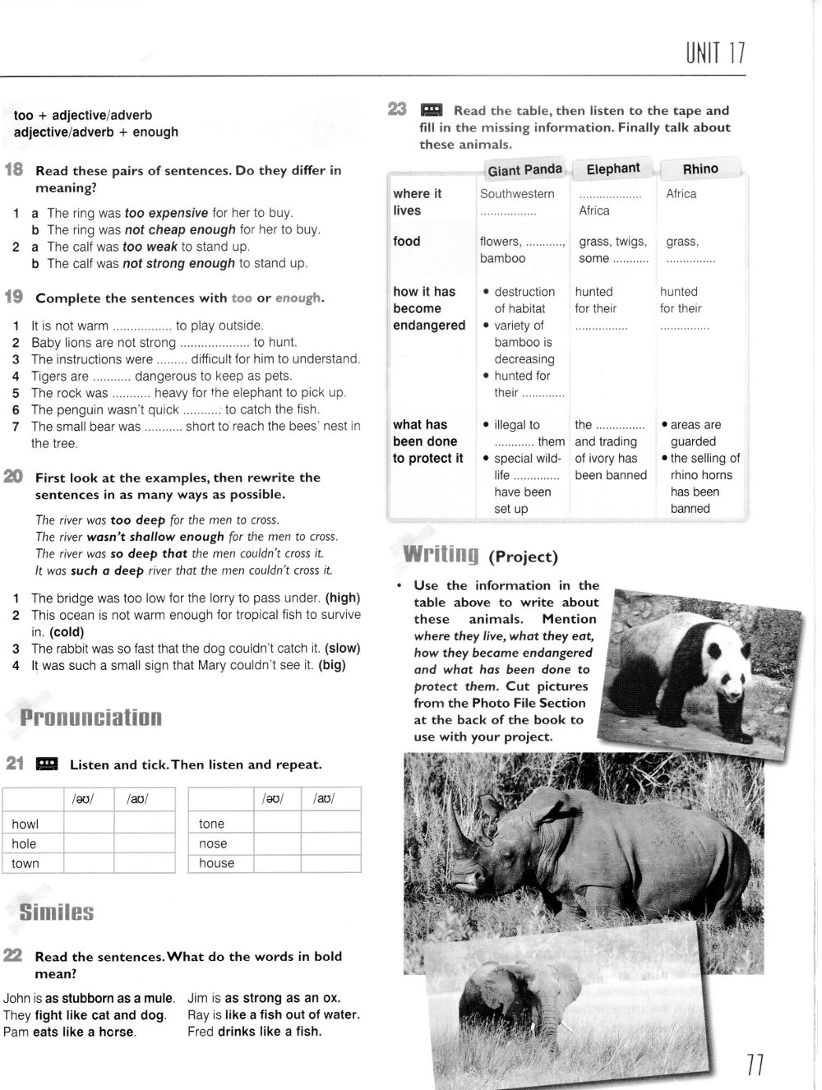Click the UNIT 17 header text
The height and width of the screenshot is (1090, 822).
[714, 53]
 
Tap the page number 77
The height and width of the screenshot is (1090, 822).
[755, 1067]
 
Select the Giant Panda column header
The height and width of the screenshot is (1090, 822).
[524, 170]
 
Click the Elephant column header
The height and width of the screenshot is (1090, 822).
[612, 169]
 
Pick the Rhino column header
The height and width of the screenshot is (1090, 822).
[700, 169]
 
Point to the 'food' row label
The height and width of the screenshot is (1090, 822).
[406, 241]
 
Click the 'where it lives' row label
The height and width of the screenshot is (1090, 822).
[418, 202]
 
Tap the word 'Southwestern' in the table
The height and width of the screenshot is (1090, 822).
[517, 194]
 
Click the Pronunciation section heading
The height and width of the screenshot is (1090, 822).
[90, 718]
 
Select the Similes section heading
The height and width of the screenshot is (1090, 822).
[56, 912]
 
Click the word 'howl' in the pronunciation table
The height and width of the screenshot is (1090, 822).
[25, 824]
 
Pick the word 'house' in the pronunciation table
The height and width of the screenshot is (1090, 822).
[216, 863]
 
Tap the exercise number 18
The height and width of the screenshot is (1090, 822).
[14, 171]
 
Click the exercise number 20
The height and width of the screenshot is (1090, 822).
[13, 478]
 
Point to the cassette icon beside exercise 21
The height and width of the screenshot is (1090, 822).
[47, 764]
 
